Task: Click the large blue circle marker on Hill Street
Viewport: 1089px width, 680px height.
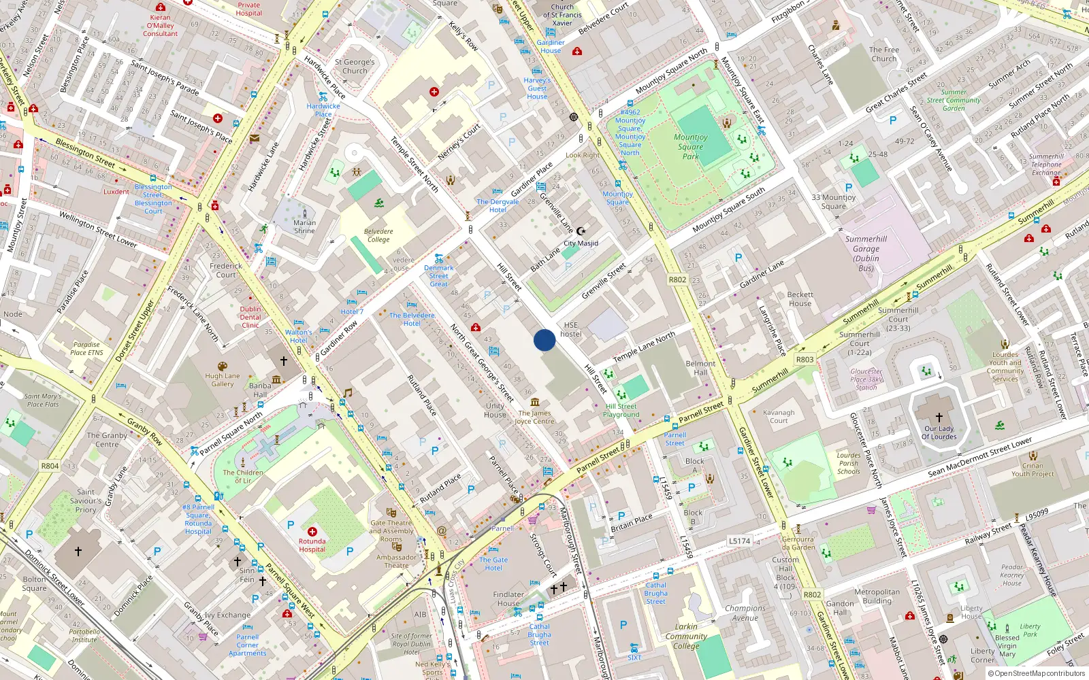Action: coord(544,340)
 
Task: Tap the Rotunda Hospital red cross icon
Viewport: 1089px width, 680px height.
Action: coord(312,532)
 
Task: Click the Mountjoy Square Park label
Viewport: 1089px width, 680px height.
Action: coord(691,146)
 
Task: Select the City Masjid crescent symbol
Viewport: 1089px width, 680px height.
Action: coord(581,231)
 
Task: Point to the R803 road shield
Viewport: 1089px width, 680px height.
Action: coord(804,359)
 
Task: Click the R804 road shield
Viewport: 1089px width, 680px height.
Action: coord(50,466)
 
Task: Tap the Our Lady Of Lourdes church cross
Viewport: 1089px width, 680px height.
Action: coord(939,418)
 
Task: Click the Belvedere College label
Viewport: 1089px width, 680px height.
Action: coord(378,235)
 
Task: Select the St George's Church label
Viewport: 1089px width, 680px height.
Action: coord(355,66)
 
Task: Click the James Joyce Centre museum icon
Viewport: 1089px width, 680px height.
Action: coord(535,402)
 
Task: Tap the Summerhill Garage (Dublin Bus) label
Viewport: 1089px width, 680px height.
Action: coord(866,253)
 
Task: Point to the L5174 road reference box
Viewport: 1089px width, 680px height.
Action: coord(740,541)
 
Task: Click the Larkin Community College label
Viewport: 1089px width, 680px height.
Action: coord(686,636)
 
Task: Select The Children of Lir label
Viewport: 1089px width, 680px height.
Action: coord(243,476)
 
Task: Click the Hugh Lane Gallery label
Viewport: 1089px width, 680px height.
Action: coord(223,379)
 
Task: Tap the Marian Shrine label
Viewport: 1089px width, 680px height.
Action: coord(304,226)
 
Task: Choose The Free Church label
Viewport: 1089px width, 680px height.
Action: coord(883,54)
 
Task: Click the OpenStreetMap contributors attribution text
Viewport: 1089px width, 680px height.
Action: coord(1036,673)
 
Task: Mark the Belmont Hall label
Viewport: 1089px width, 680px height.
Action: coord(700,368)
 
